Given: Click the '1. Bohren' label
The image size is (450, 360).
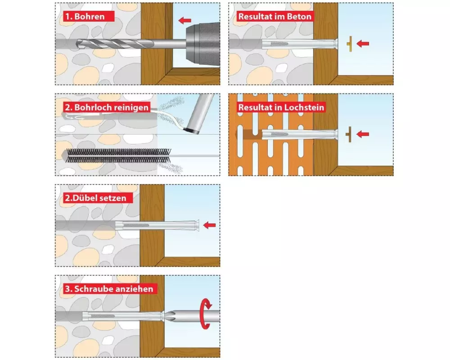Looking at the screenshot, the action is click(89, 16).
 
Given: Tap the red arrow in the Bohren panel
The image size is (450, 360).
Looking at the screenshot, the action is click(184, 20).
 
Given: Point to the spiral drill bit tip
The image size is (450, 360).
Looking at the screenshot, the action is click(77, 44).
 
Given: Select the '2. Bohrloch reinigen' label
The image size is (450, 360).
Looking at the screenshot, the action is click(107, 108).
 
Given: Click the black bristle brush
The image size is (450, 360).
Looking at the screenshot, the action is click(119, 155).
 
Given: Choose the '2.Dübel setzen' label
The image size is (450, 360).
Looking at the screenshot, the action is click(98, 198).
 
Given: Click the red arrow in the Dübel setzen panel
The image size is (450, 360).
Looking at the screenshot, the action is click(209, 225).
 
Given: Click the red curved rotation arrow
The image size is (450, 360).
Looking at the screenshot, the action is click(206, 314).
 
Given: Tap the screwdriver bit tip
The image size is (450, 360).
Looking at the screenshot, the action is click(165, 316).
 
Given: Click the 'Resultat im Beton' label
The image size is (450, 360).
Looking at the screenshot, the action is click(275, 16).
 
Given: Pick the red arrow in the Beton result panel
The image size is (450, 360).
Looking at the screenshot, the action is click(363, 43).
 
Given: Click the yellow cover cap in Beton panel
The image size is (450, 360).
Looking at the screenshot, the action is click(350, 44).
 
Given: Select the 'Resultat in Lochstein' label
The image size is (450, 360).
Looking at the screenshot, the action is click(281, 108).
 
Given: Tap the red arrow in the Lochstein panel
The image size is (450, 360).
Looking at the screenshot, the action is click(363, 134).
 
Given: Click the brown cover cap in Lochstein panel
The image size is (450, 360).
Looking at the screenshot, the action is click(349, 135).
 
